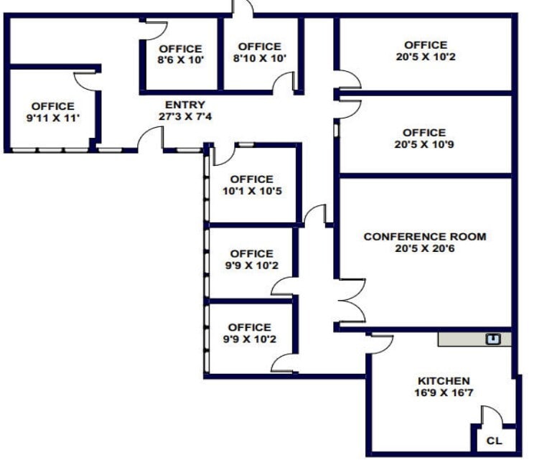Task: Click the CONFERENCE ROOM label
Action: tap(424, 236)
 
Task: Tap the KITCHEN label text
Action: tap(444, 380)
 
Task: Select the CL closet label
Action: tap(495, 441)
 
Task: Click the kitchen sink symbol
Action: tap(493, 339)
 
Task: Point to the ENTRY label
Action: tap(184, 105)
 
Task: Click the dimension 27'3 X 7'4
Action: tap(184, 117)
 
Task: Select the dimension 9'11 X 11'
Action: tap(52, 118)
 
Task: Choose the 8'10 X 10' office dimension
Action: tap(259, 59)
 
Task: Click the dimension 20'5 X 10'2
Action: tap(425, 57)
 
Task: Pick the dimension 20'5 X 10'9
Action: tap(424, 144)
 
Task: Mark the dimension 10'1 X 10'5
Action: tap(251, 191)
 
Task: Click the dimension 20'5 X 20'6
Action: tap(424, 248)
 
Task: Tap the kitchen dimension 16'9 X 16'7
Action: tap(444, 393)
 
